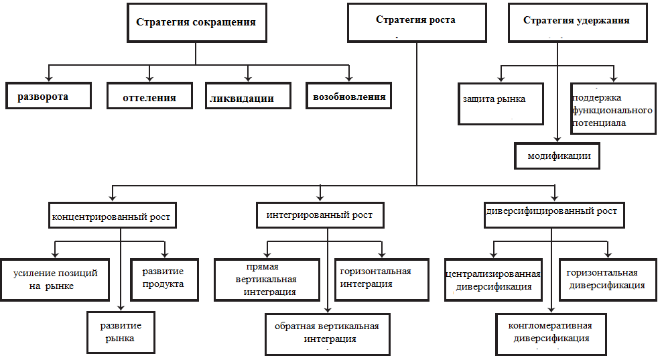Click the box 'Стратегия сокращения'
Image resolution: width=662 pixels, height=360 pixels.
(196, 22)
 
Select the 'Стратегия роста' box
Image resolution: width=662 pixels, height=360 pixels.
(415, 21)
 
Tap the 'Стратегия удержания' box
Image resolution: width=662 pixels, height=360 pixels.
(576, 21)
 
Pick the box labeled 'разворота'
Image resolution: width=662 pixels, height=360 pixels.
(48, 97)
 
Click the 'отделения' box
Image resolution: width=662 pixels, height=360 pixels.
(149, 97)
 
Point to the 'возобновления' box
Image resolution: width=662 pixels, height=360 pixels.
(349, 97)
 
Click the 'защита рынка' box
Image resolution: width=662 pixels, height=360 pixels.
(501, 103)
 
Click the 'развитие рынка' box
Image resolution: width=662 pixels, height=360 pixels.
(121, 332)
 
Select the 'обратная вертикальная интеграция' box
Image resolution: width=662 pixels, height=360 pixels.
(327, 333)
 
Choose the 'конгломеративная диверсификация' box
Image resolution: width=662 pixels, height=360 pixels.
(550, 333)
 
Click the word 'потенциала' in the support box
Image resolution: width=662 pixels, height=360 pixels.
(599, 123)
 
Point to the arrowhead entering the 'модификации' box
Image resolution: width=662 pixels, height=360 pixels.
(558, 139)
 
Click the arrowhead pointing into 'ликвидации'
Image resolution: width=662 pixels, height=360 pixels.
(249, 78)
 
